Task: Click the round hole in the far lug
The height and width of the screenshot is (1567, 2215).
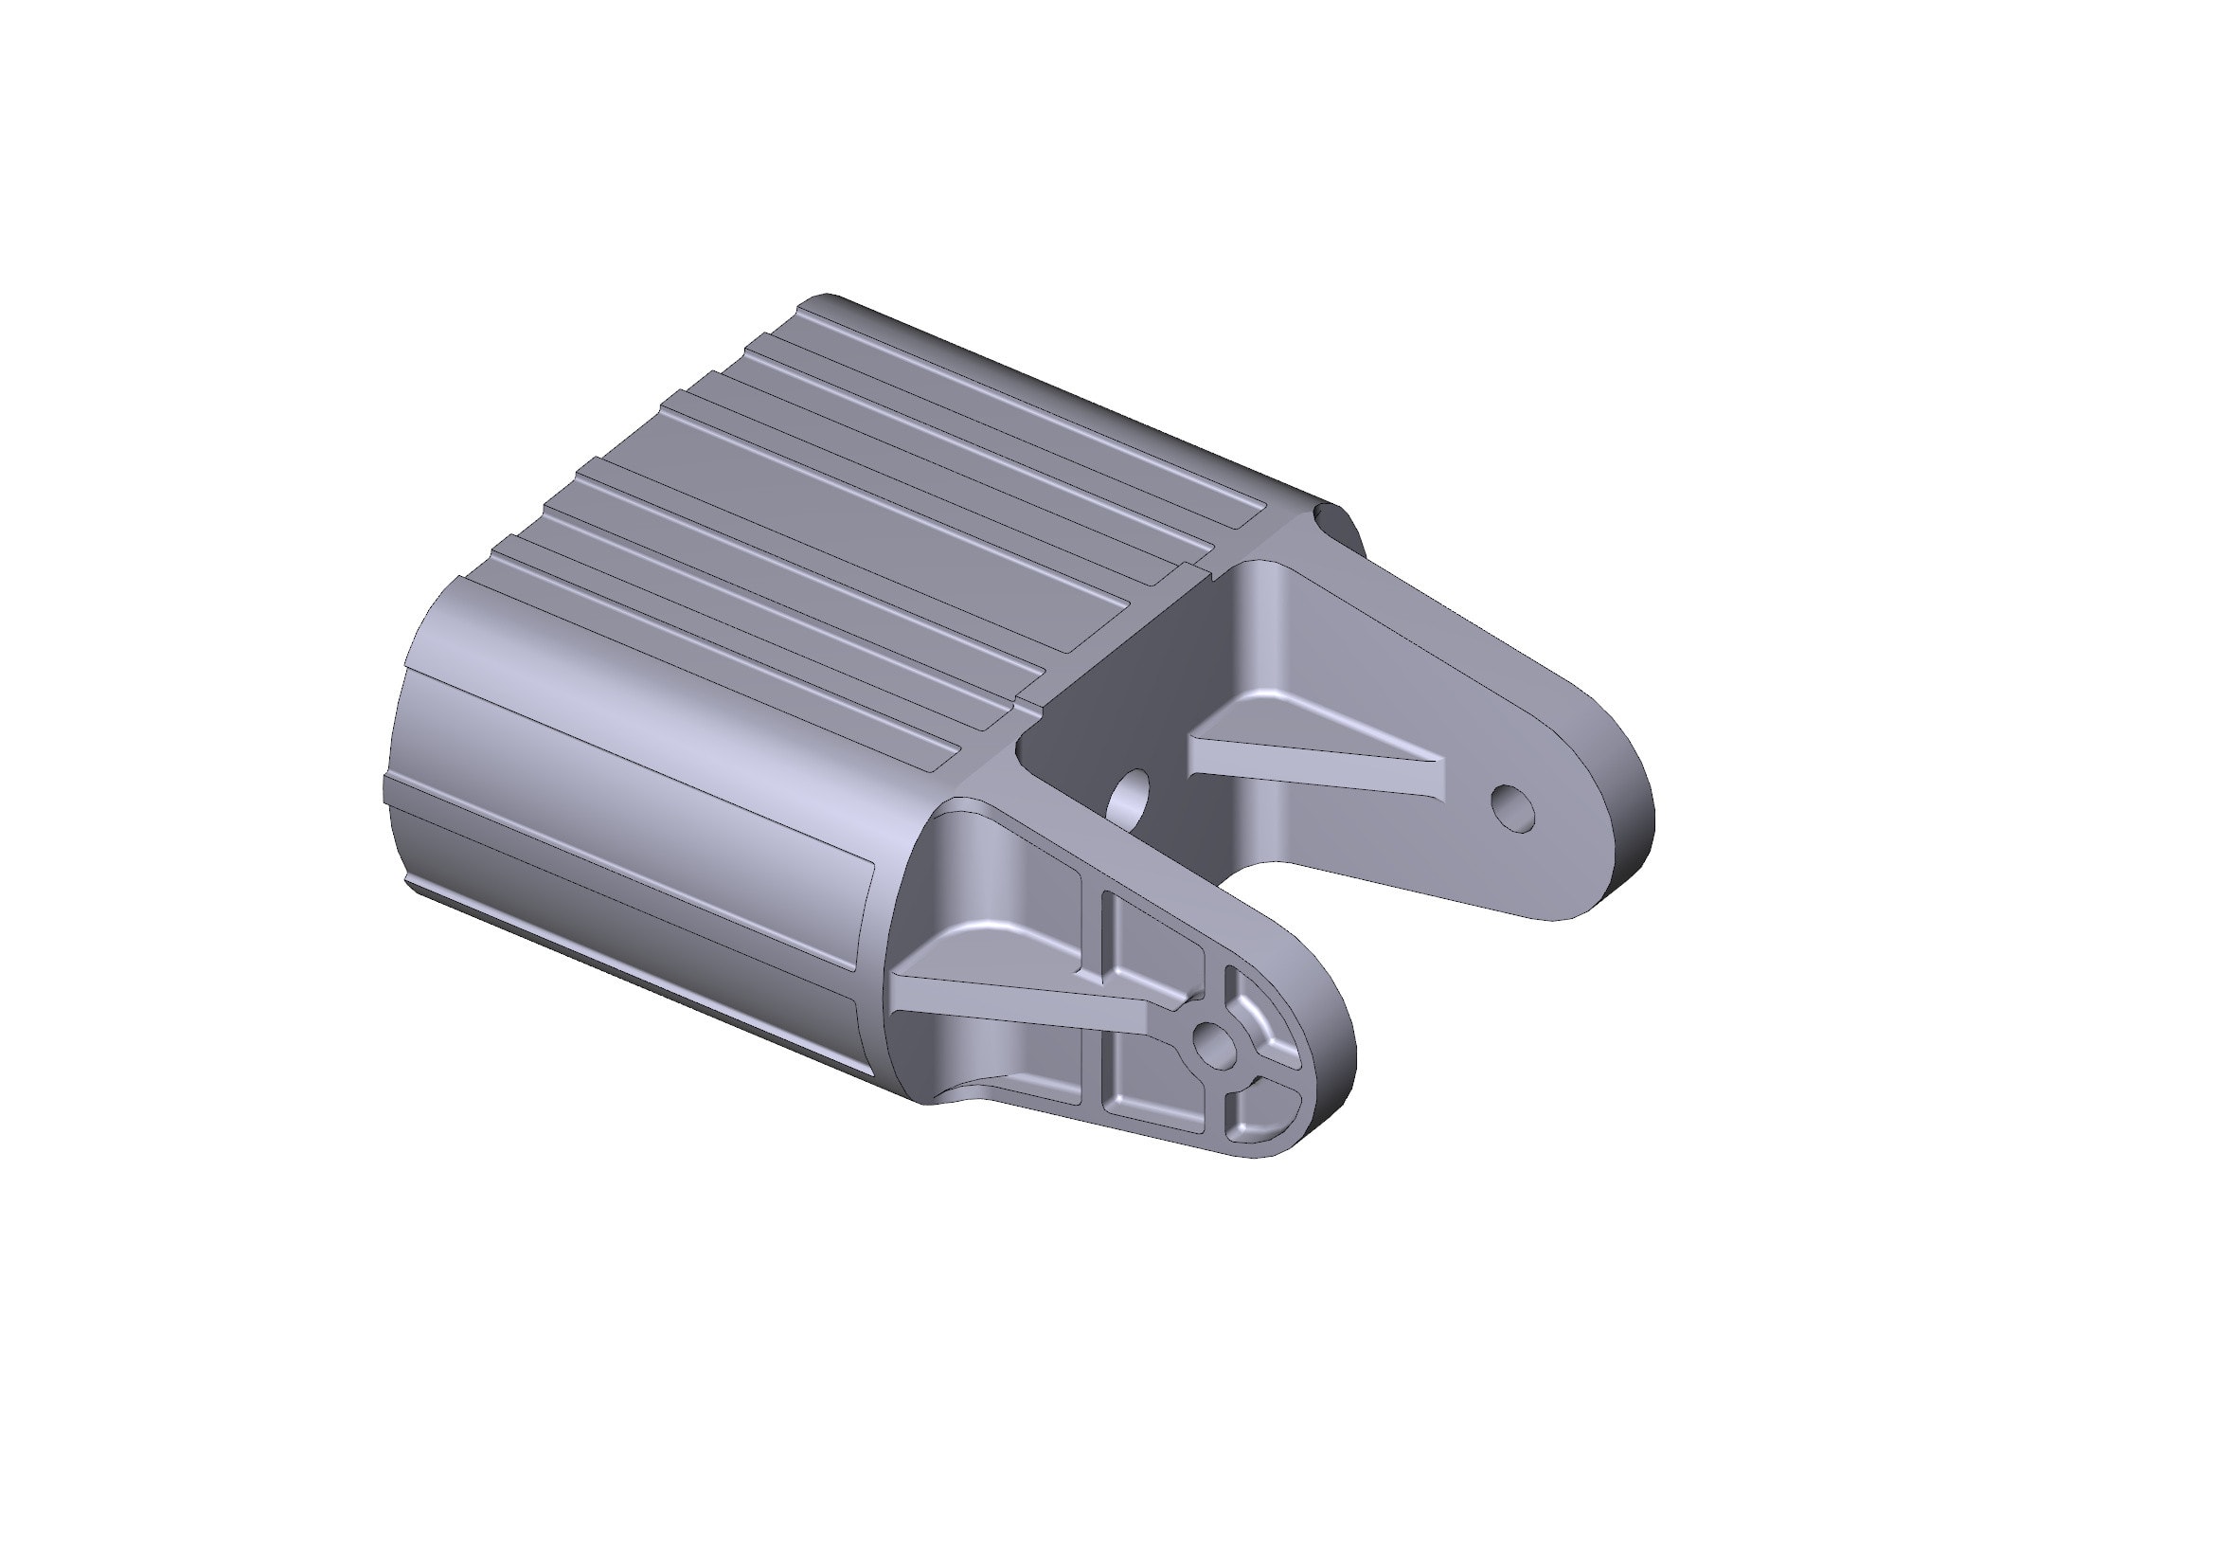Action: pyautogui.click(x=1510, y=808)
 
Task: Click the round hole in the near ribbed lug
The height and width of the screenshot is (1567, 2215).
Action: pyautogui.click(x=1212, y=1041)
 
